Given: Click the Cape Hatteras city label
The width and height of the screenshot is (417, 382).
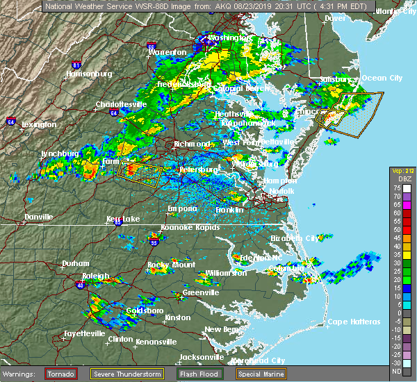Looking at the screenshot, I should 354,322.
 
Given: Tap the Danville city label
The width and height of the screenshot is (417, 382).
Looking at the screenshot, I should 38,217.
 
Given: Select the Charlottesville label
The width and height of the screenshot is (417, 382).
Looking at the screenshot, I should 120,105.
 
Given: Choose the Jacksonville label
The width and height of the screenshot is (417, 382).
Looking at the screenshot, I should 200,357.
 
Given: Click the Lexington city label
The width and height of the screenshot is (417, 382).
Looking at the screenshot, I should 39,125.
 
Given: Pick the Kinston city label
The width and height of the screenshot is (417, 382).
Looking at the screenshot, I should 177,317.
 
